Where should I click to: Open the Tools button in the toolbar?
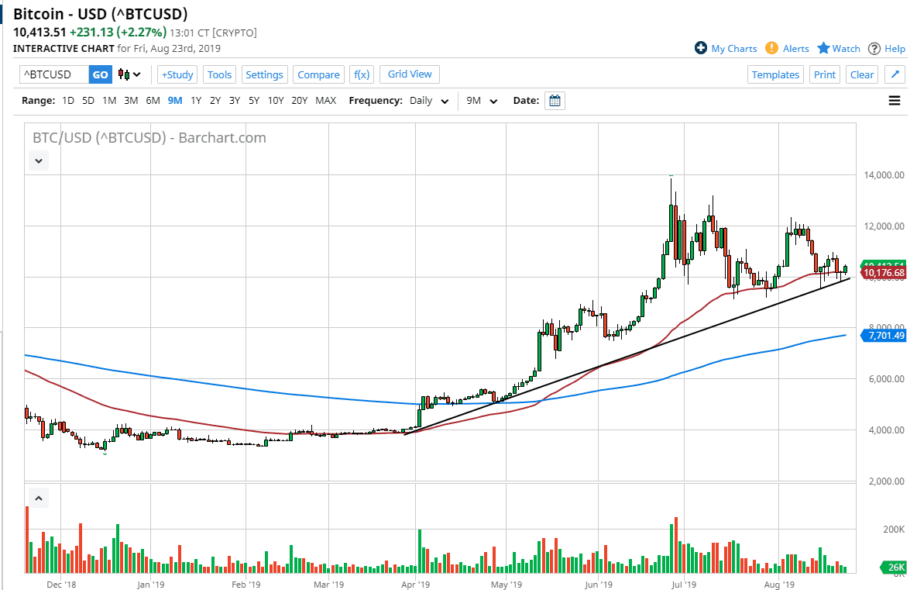219,74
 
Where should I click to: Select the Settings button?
265,74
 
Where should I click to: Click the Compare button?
318,74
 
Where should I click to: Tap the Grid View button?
410,74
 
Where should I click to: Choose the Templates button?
775,74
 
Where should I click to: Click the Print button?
825,74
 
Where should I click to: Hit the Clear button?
862,74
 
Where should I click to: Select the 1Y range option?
196,100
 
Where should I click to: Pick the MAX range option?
326,100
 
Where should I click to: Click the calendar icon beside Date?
555,101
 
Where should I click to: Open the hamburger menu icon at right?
895,100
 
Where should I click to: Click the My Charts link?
726,48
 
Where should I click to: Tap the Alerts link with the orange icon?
788,48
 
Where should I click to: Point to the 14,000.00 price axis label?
884,175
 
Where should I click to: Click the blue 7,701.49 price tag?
886,336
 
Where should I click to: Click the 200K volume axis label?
894,530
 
